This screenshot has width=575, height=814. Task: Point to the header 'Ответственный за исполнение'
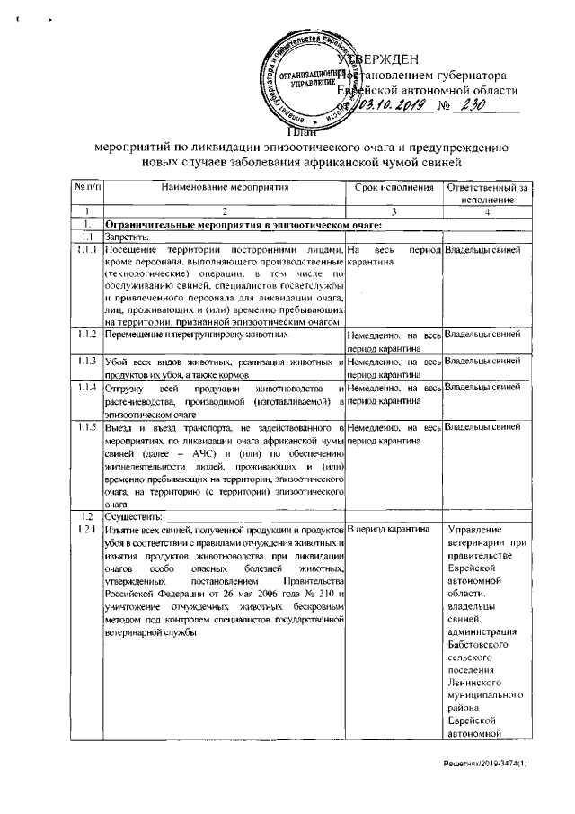[488, 192]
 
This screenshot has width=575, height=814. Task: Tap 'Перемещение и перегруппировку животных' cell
[196, 335]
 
